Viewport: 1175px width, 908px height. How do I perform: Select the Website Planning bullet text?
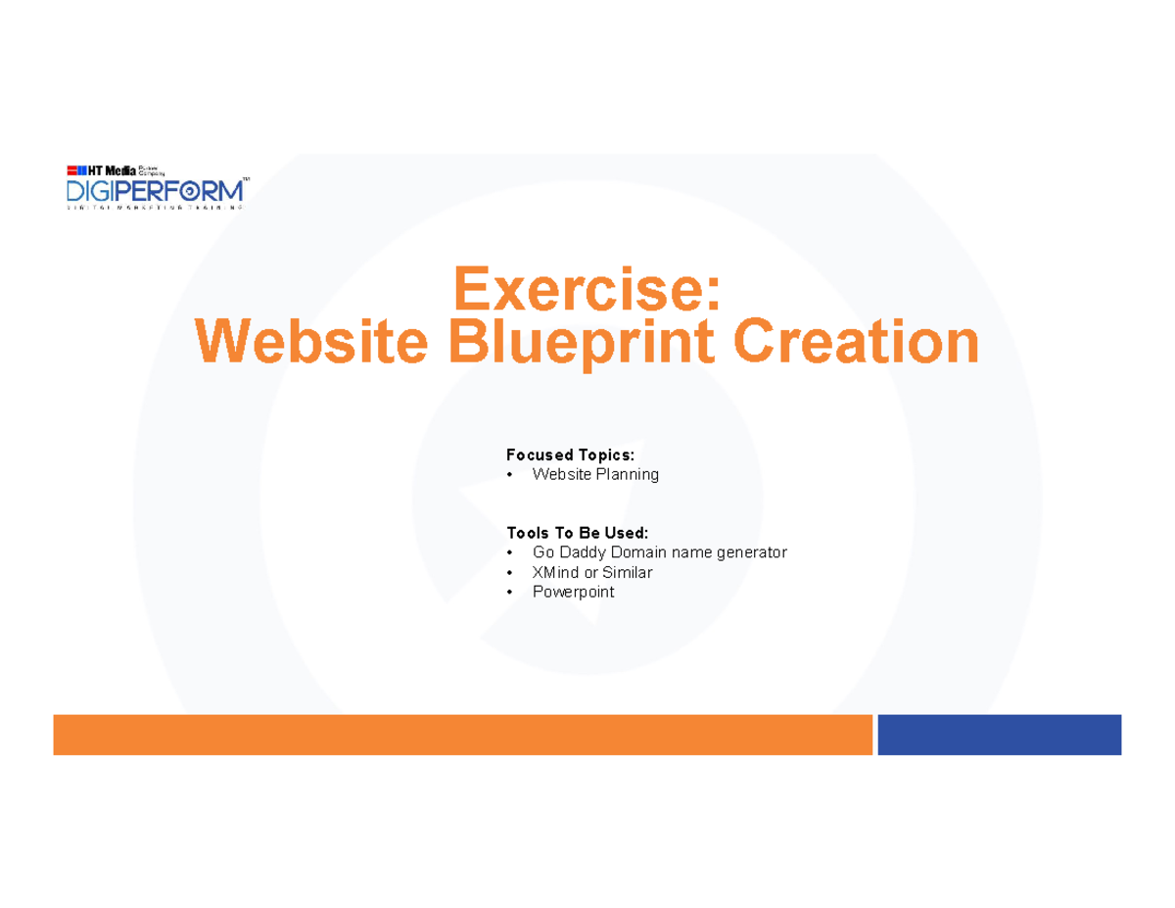[x=595, y=474]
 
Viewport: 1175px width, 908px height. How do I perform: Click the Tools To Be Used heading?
[x=577, y=533]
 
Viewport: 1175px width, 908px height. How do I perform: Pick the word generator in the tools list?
[x=749, y=552]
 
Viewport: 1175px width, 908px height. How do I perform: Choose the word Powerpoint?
[x=573, y=592]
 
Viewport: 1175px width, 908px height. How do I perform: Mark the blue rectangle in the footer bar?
[x=999, y=735]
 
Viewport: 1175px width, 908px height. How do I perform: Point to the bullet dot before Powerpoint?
[x=511, y=593]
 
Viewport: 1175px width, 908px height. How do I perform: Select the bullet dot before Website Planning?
[x=511, y=475]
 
